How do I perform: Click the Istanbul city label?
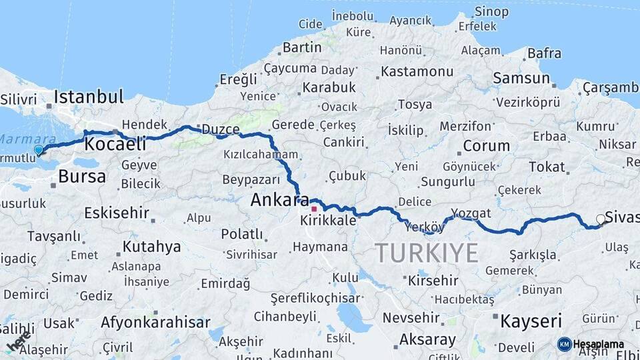coord(89,96)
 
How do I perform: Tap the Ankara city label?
coord(279,199)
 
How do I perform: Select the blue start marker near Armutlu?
coord(39,150)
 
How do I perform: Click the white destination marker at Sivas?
coord(601,219)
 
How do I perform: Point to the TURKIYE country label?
coord(427,253)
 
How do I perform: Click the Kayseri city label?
coord(531,321)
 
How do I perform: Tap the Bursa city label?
coord(81,177)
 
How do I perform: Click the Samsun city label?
coord(521,78)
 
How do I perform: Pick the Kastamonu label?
coord(417,71)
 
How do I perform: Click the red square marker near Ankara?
coord(314,209)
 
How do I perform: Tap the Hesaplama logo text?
coord(599,344)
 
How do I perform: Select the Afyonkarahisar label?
coord(155,323)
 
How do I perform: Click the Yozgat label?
coord(471,213)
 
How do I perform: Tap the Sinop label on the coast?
coord(491,11)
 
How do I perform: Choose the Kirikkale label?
coord(328,220)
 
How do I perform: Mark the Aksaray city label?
coord(427,339)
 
